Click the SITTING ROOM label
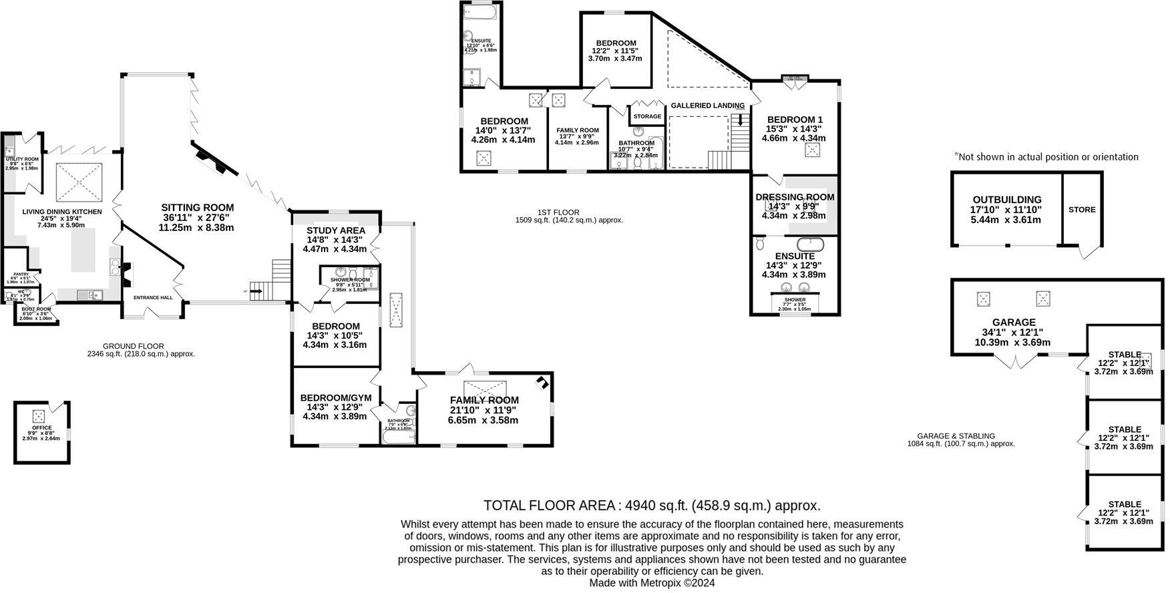(197, 208)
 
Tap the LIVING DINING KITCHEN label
(62, 212)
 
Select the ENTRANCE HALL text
(153, 298)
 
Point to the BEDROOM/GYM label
(335, 398)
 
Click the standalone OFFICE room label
(41, 428)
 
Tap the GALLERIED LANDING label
(707, 106)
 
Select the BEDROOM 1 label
(795, 120)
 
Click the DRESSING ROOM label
(795, 197)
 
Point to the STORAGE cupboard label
(647, 116)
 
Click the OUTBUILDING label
(1006, 200)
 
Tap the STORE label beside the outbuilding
(1081, 210)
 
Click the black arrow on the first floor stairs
(739, 121)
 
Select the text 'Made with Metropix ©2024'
(651, 582)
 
